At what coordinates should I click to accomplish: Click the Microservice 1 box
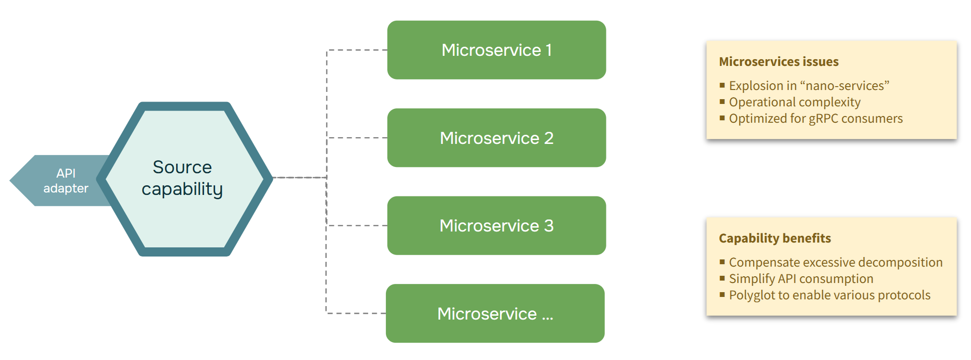[x=496, y=50]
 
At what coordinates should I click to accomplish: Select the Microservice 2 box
[x=496, y=138]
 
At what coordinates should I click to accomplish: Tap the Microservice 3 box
[x=496, y=225]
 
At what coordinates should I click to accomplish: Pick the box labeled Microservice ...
[x=495, y=313]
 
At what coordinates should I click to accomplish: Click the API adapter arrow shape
[x=53, y=181]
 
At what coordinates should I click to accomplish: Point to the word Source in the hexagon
[x=182, y=167]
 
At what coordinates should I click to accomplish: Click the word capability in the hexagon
[x=182, y=189]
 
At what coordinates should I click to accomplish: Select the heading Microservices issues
[x=778, y=62]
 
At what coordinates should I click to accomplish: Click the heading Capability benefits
[x=774, y=238]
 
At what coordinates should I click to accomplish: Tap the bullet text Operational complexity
[x=794, y=102]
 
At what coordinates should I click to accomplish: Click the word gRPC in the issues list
[x=823, y=118]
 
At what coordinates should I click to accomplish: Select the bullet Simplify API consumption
[x=801, y=279]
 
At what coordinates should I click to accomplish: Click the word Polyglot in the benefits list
[x=752, y=295]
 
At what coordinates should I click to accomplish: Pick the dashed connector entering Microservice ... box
[x=356, y=313]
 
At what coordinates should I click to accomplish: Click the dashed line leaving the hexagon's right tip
[x=298, y=178]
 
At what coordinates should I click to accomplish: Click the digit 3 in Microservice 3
[x=549, y=225]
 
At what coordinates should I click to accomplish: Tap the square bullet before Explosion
[x=722, y=85]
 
